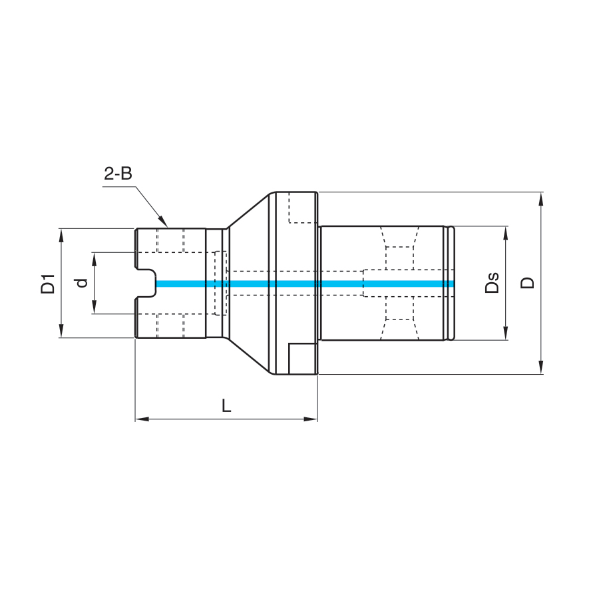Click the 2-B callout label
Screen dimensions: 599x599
coord(118,174)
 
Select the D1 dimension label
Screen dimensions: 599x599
coord(48,284)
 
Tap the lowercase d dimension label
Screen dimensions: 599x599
coord(82,283)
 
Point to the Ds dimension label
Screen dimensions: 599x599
coord(492,283)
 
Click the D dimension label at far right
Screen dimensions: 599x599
coord(528,283)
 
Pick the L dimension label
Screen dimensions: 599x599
coord(226,406)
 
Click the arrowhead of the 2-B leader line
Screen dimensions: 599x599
coord(163,221)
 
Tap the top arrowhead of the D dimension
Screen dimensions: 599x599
coord(540,199)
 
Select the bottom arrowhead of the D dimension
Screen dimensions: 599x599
coord(540,367)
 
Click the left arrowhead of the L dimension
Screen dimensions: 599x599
coord(142,419)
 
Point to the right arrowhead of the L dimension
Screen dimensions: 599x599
coord(311,419)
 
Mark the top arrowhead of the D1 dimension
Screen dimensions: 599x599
coord(61,236)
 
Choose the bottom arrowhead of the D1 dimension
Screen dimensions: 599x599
coord(61,331)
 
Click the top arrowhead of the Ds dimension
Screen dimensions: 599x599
coord(506,233)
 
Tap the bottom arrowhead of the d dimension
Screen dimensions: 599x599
coord(95,307)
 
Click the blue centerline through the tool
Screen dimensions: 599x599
coord(305,284)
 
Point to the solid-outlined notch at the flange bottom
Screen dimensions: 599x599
coord(303,359)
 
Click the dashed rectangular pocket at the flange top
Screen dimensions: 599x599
coord(303,208)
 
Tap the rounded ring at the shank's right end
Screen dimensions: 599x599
coord(451,283)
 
